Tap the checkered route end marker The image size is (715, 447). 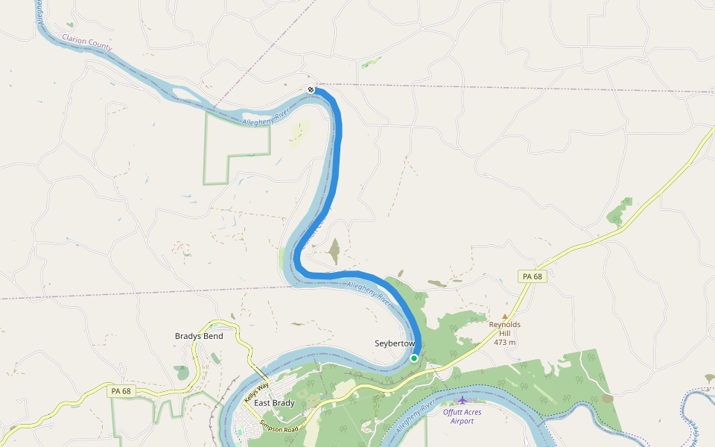point(311,89)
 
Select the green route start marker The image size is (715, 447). point(414,358)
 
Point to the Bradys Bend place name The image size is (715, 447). point(199,336)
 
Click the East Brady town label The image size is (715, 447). point(274,403)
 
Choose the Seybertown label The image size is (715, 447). point(395,343)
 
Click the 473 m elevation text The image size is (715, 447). point(504,342)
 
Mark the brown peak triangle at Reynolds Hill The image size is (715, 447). point(504,317)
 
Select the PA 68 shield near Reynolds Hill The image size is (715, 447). point(533,276)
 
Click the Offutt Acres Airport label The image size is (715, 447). point(462,416)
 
